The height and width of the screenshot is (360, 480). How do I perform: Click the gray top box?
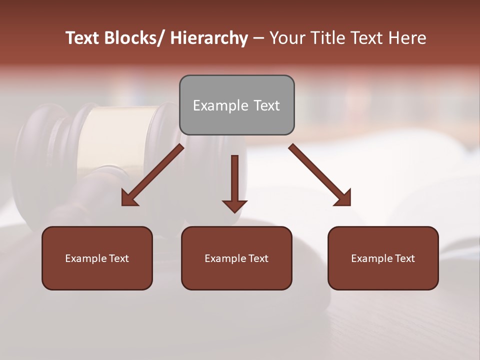point(236,105)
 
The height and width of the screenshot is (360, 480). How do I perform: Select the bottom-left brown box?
point(97,258)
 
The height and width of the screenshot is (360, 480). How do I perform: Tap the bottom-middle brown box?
point(236,258)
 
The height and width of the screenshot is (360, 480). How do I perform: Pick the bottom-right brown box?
point(383,258)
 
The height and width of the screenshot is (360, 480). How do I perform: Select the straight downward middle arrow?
point(234,183)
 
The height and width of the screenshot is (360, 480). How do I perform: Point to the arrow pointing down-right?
point(320,175)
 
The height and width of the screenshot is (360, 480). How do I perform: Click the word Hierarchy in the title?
point(209,38)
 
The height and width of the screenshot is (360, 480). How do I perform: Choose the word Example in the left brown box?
point(85,258)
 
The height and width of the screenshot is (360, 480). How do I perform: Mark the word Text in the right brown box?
point(404,258)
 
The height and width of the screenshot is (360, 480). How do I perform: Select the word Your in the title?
point(286,38)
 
